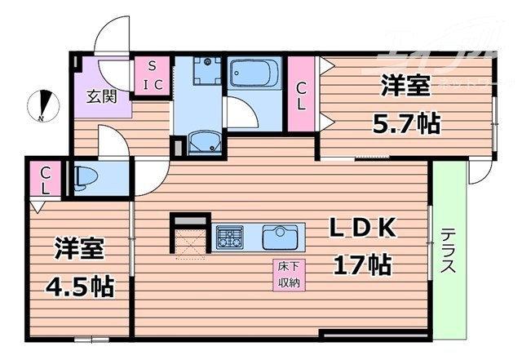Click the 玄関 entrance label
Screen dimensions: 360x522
(x=102, y=96)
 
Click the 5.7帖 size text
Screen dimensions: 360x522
(x=406, y=124)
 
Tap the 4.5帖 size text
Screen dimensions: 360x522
(x=79, y=287)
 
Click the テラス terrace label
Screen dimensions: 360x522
(x=449, y=250)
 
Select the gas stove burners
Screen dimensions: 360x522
(x=229, y=238)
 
